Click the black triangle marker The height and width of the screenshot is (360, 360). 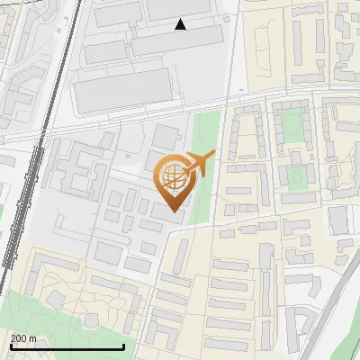click(180, 24)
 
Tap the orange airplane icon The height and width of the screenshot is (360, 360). click(198, 164)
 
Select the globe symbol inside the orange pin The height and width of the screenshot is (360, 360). click(171, 175)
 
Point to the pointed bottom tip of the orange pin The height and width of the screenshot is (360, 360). click(171, 211)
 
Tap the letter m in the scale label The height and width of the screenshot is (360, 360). click(33, 339)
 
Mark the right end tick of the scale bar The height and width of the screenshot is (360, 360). click(123, 346)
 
